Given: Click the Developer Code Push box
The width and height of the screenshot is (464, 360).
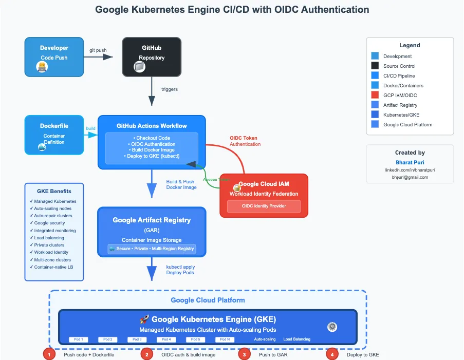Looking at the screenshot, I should point(54,56).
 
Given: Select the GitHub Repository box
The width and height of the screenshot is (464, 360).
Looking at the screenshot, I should point(152,56).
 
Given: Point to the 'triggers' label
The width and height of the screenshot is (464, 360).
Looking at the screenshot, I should point(170,89).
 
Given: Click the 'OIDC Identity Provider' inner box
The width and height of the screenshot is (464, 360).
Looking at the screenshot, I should point(264,206).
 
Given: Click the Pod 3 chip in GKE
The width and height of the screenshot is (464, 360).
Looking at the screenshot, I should point(137,339).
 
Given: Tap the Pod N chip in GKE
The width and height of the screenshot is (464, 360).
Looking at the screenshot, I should point(225,339).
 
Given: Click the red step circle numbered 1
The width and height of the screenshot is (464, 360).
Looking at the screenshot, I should point(49,354).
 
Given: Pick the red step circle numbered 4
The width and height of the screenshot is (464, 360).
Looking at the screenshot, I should point(332,354).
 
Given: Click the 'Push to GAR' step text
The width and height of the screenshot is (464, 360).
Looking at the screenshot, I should point(272,355).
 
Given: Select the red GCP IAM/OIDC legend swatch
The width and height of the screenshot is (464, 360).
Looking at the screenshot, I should point(375,96).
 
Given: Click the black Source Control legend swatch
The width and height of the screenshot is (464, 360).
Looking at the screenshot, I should point(375,66).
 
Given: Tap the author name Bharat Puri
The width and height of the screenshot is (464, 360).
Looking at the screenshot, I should point(410,162).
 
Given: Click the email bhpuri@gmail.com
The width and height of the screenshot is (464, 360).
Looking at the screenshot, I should point(410,177).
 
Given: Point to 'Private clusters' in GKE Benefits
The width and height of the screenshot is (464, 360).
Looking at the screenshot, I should point(49,245).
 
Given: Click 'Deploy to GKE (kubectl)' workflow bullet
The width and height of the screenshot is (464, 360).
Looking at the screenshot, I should point(152,156).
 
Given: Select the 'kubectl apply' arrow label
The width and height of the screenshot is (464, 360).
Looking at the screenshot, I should point(180,267).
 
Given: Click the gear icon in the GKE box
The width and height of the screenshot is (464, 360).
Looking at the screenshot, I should point(332,327).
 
